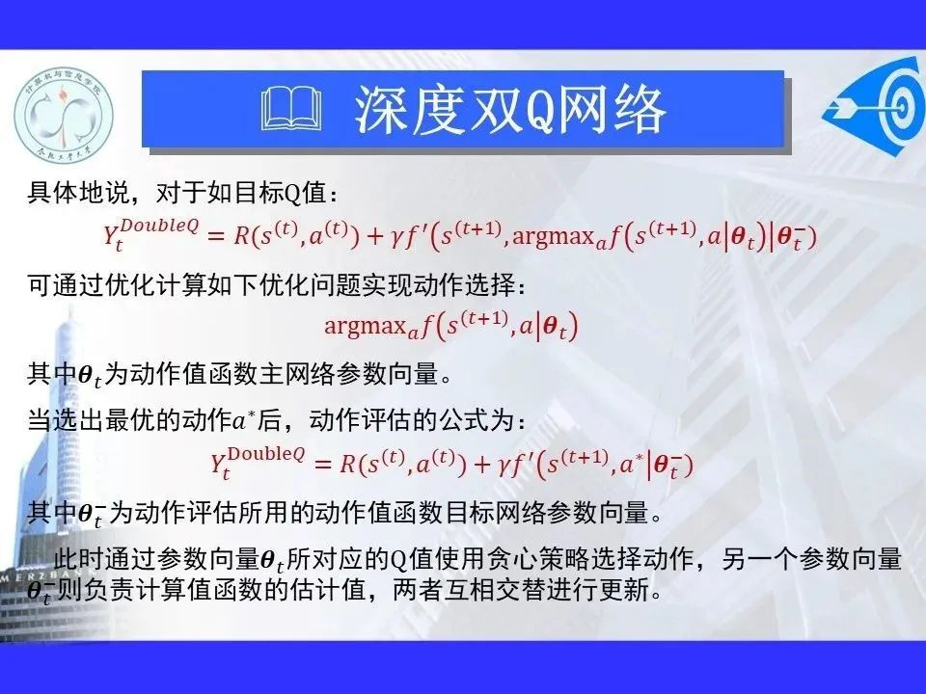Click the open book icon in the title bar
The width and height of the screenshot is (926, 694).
point(291,109)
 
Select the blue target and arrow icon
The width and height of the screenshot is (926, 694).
point(875,106)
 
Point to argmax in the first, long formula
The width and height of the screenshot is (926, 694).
point(554,237)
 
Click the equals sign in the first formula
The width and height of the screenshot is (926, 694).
point(215,237)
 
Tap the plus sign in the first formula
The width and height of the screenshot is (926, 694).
point(375,237)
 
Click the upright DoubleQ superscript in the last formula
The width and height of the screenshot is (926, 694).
point(266,454)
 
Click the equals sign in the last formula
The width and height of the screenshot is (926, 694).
point(322,465)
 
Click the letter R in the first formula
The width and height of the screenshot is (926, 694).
point(241,236)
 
